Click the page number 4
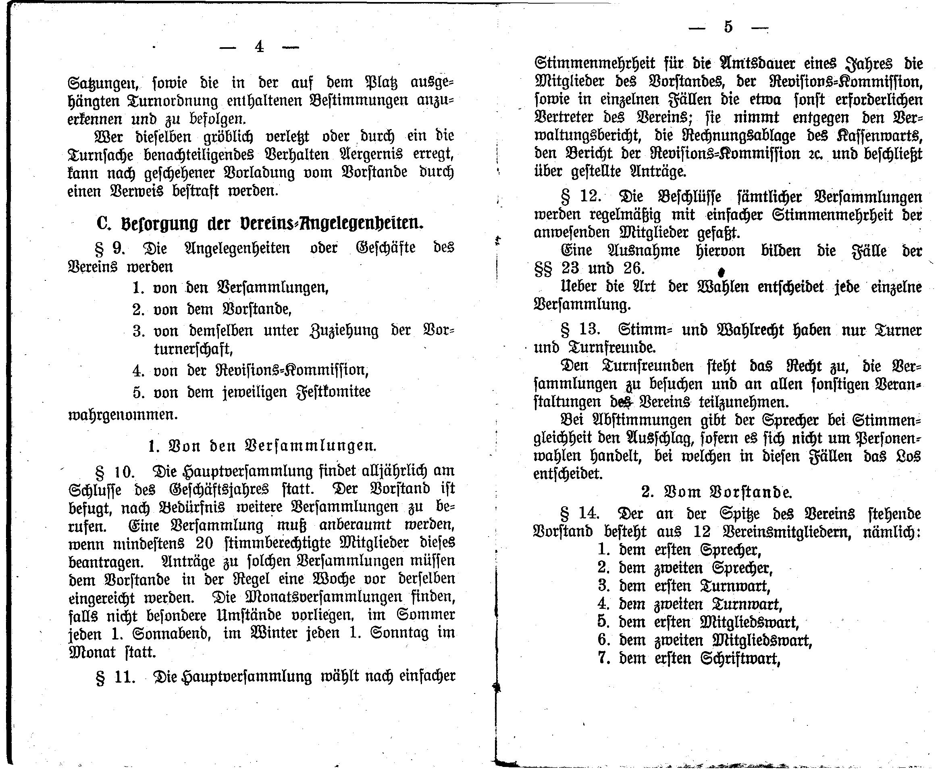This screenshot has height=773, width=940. pyautogui.click(x=259, y=47)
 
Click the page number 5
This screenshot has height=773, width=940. pyautogui.click(x=728, y=27)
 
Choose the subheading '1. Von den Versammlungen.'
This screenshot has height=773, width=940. pyautogui.click(x=262, y=446)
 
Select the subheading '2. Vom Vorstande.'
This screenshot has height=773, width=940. pyautogui.click(x=717, y=492)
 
